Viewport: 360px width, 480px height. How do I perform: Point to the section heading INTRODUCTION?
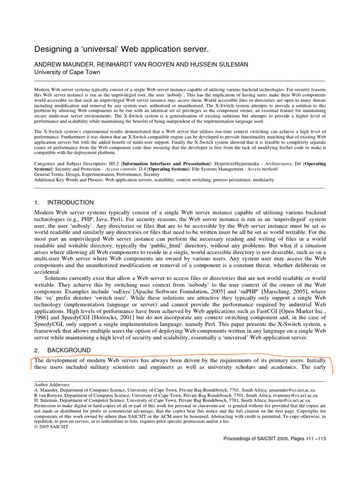(70, 202)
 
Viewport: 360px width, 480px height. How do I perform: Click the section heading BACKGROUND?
(69, 350)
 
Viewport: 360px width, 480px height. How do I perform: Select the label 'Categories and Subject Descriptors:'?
(64, 164)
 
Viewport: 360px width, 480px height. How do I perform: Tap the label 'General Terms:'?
(49, 174)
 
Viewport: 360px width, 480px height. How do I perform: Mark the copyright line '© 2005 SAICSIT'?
(51, 427)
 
